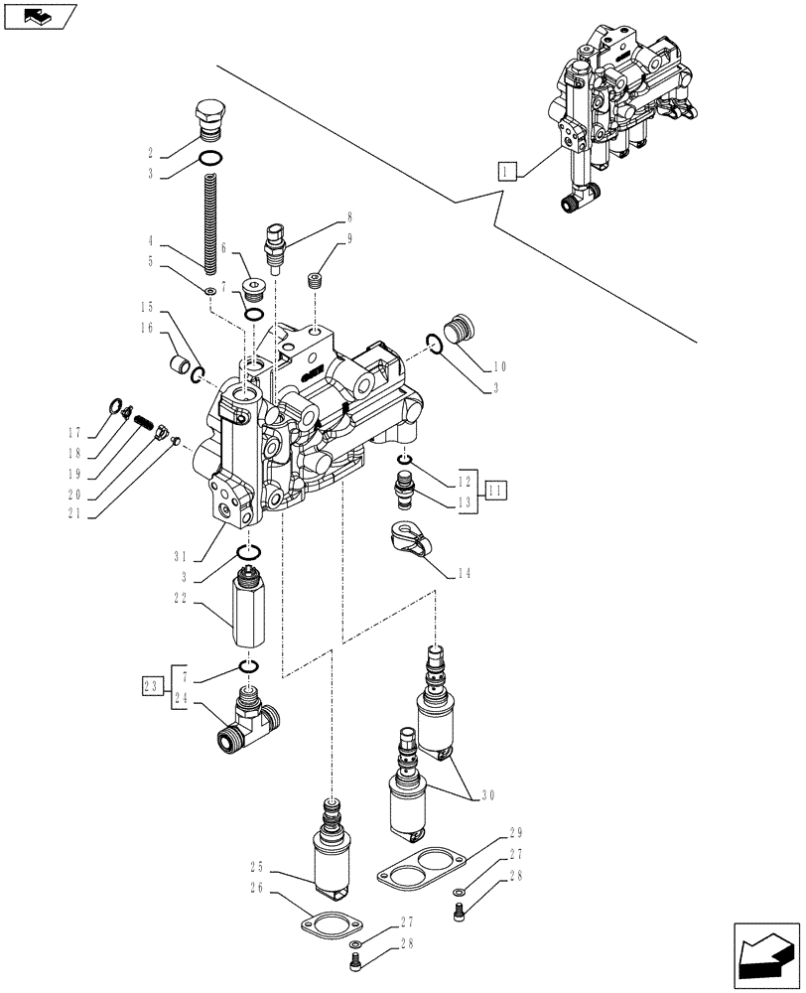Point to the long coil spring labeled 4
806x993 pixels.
[209, 222]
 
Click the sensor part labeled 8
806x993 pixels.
[274, 246]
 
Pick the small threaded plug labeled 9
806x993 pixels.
[315, 281]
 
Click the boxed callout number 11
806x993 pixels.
[496, 487]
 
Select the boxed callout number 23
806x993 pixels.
[152, 685]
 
